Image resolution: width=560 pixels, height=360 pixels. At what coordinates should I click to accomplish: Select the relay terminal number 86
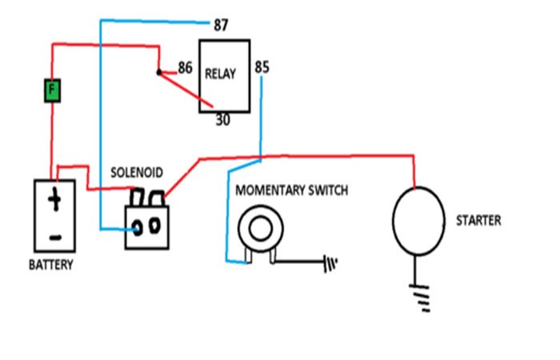[x=186, y=68]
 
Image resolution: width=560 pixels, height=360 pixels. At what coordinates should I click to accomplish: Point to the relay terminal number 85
[x=262, y=66]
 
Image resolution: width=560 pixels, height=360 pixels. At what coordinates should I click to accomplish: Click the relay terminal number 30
[x=224, y=121]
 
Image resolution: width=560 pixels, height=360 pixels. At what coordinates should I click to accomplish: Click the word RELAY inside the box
[x=221, y=74]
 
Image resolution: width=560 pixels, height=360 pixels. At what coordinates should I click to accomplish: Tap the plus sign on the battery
[x=54, y=200]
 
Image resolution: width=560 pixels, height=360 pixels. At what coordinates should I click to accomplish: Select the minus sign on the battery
[x=54, y=237]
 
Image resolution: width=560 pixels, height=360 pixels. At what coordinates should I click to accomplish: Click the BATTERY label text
[x=51, y=265]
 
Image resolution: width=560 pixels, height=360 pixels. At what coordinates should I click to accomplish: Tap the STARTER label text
[x=478, y=220]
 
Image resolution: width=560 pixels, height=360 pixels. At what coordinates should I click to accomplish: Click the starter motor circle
[x=418, y=220]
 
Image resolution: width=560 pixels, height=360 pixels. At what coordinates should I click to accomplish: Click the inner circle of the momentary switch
[x=260, y=229]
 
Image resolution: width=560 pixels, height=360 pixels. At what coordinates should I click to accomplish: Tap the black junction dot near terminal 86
[x=159, y=73]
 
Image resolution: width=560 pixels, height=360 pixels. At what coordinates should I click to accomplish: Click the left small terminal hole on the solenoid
[x=138, y=227]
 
